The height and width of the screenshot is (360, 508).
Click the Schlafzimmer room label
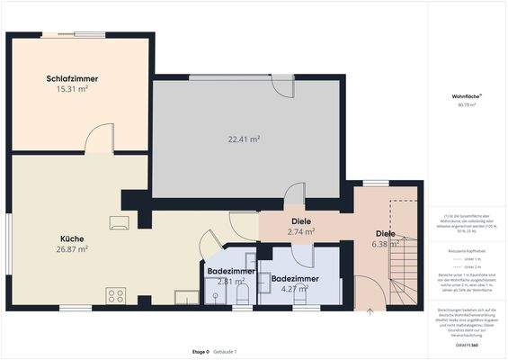(x=72, y=79)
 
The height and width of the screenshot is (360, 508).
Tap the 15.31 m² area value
(x=72, y=89)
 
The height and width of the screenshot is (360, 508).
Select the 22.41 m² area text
(x=244, y=139)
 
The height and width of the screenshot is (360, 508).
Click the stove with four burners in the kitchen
(x=116, y=294)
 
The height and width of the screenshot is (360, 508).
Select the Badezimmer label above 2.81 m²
(x=231, y=271)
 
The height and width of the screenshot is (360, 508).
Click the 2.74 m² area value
(x=300, y=231)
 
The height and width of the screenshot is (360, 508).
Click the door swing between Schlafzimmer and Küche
(x=100, y=139)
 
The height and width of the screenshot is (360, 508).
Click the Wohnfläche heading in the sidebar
(x=467, y=95)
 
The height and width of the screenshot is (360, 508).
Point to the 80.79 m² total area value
(x=467, y=105)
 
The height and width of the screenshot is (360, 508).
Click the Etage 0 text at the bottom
(x=201, y=351)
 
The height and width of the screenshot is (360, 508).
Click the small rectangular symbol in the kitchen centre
(x=118, y=220)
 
